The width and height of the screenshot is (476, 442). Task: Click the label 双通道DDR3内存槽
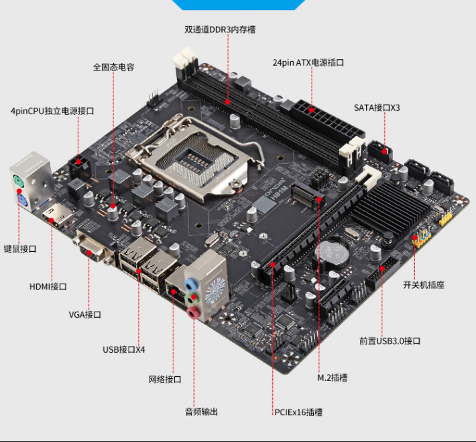coord(220,30)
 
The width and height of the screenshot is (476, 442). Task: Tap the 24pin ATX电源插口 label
coord(308,62)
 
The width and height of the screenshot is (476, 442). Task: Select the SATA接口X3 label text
coord(377,107)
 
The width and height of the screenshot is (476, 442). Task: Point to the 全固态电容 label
coord(113,67)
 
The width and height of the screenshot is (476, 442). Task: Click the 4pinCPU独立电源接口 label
coord(52,111)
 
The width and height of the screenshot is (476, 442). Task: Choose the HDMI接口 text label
coord(48,287)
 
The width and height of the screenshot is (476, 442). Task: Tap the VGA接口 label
coord(84,314)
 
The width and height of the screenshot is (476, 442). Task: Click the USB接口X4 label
coord(124,349)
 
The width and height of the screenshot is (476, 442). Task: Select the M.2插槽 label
coord(333,378)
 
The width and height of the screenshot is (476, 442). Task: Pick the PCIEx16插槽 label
coord(298,412)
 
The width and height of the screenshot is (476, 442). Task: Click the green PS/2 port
coord(18,183)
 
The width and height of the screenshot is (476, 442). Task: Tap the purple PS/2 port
coord(22,202)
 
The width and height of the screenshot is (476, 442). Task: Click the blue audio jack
coord(190,284)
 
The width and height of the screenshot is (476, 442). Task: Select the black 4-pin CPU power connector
coord(79,167)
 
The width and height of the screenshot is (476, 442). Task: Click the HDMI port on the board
coord(57,218)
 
